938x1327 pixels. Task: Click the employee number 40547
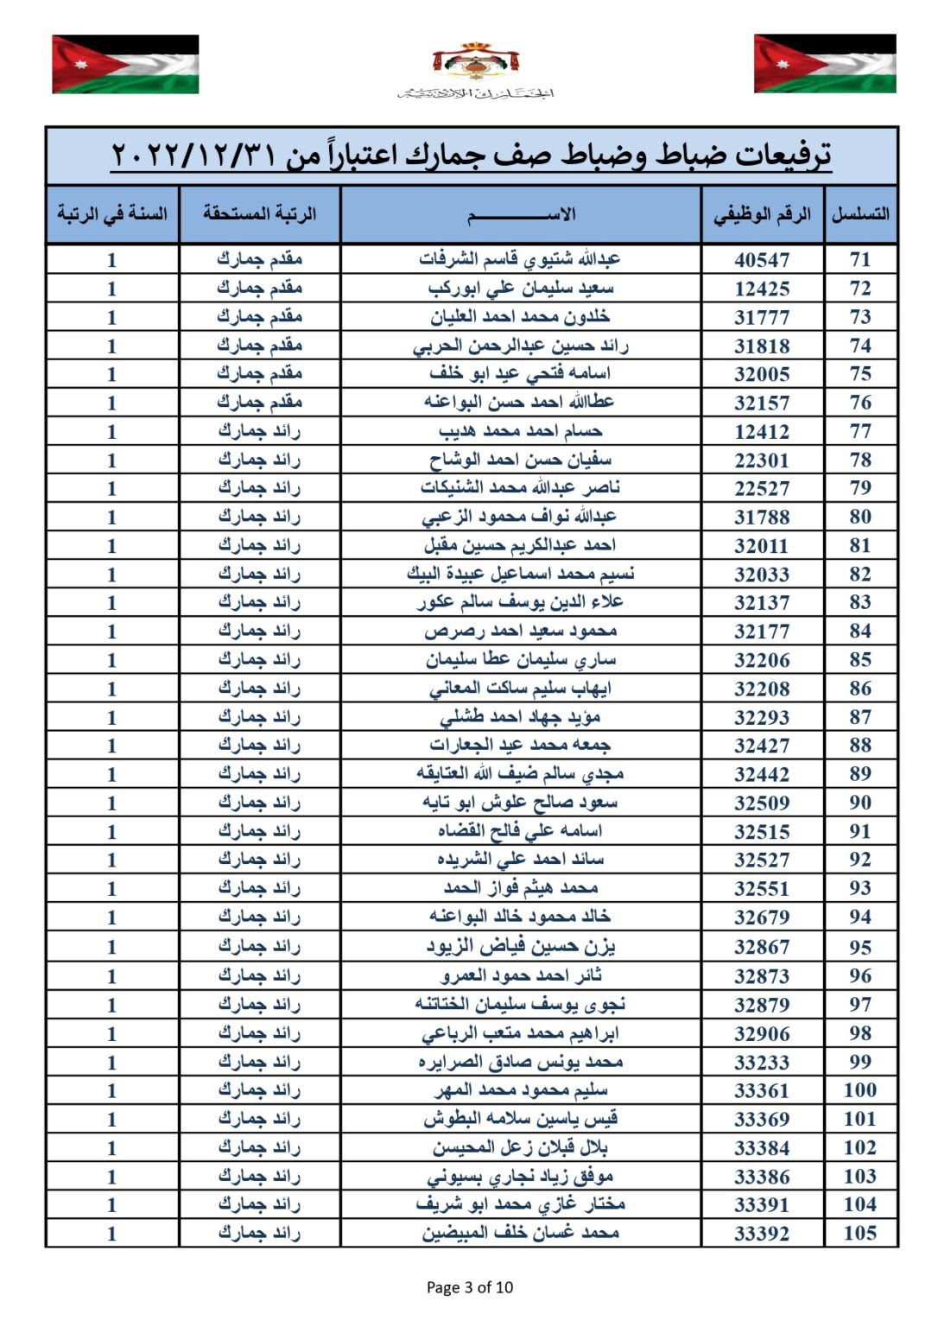762,259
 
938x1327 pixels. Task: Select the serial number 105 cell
859,1233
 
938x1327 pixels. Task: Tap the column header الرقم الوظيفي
762,214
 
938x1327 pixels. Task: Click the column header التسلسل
860,214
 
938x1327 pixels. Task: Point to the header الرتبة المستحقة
260,213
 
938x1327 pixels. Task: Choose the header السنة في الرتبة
112,213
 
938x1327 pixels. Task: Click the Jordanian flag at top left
125,64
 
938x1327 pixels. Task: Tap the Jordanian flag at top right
825,64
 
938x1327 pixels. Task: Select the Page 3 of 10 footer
470,1287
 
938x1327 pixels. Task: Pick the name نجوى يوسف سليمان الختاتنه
520,1004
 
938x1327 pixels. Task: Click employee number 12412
762,431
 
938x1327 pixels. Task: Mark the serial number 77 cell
859,431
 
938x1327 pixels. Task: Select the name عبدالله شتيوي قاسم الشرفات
520,259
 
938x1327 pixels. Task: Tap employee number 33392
762,1233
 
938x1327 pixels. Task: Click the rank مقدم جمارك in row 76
259,402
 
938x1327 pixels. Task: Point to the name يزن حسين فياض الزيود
520,947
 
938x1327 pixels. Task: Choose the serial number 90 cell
859,803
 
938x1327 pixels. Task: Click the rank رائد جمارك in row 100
259,1090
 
